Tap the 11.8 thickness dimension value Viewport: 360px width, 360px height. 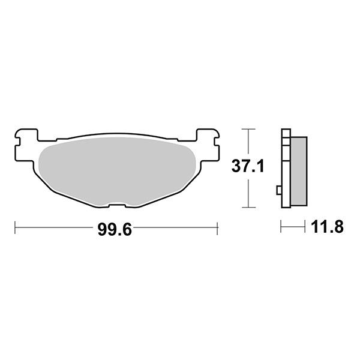pos(327,227)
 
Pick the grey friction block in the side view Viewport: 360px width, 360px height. pos(298,171)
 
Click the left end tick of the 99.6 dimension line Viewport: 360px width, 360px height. pos(14,228)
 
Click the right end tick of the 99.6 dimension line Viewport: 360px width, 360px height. pos(217,228)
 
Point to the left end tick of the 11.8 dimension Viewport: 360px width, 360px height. pos(281,228)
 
